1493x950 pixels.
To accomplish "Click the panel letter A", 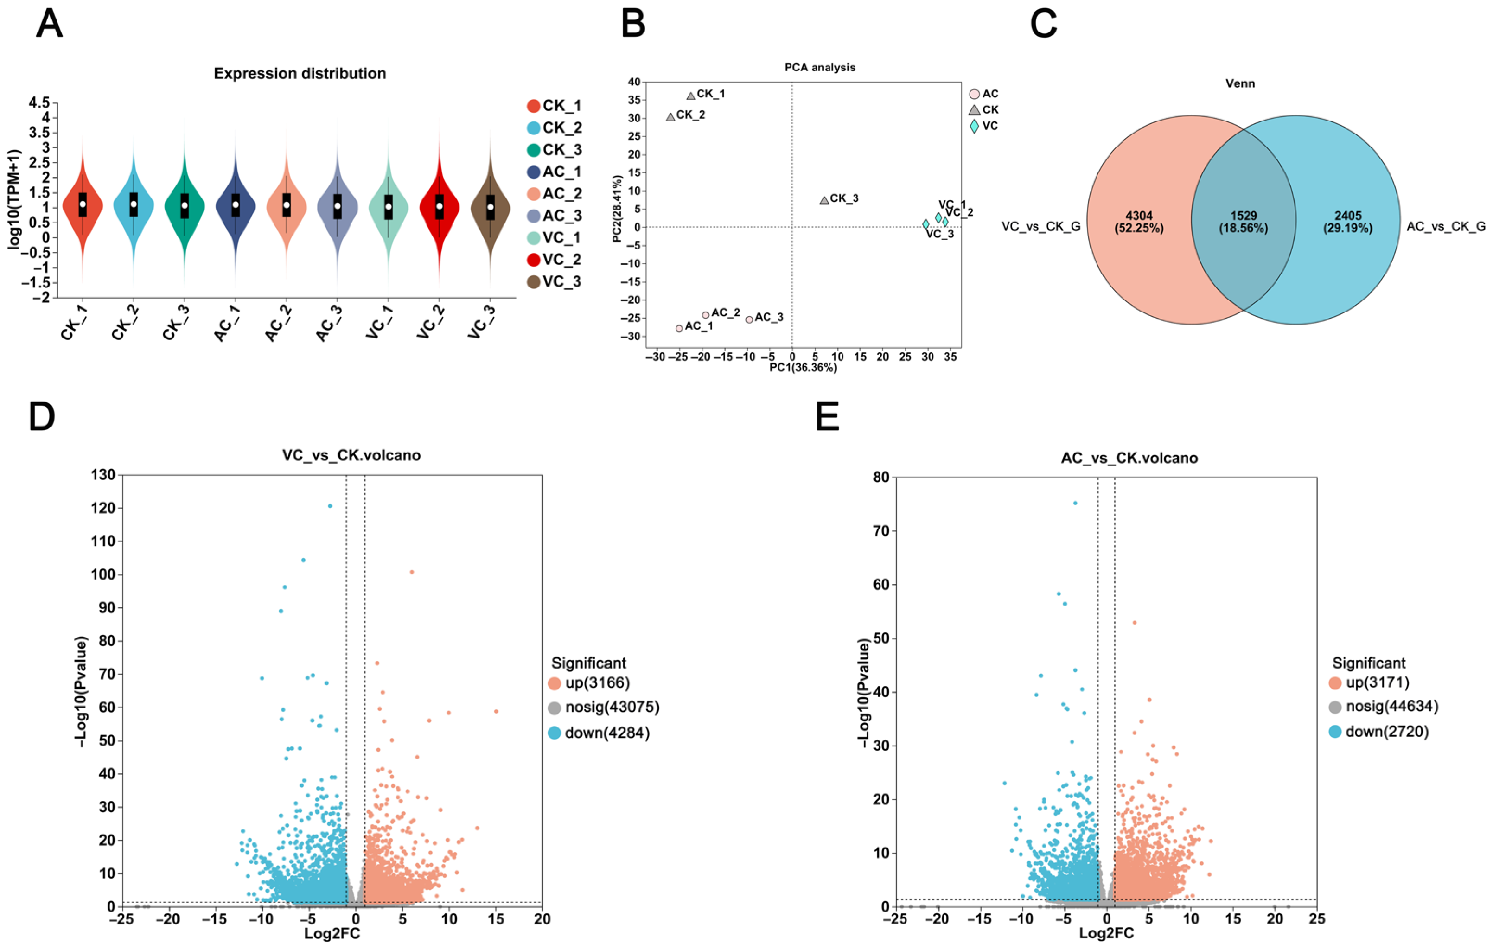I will click(x=50, y=25).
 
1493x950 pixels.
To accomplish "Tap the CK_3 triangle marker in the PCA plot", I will click(x=824, y=200).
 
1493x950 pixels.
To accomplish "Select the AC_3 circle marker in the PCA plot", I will click(x=749, y=319).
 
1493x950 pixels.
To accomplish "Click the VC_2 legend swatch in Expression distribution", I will click(x=533, y=260).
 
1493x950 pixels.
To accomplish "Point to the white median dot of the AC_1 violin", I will click(x=236, y=204).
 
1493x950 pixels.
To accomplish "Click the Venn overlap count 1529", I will click(x=1243, y=216).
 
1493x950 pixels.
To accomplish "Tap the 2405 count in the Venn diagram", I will click(x=1348, y=216).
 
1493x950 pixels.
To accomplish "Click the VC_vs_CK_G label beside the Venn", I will click(x=1041, y=227).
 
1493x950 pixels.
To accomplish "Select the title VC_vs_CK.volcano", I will click(x=351, y=455).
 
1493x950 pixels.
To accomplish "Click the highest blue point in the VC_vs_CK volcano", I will click(x=330, y=506).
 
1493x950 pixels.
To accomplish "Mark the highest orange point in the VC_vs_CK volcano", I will click(x=412, y=572).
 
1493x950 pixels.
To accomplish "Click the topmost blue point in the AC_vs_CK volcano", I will click(x=1075, y=503).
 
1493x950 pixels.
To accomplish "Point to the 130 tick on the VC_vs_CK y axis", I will click(x=103, y=475).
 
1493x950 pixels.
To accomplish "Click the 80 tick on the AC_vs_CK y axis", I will click(x=881, y=478).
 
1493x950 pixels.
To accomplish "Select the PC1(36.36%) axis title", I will click(x=803, y=368).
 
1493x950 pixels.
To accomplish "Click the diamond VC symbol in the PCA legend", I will click(x=974, y=126).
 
